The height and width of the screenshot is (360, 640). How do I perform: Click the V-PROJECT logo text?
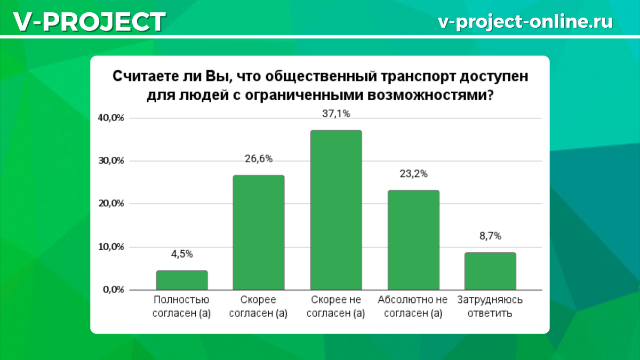tap(90, 22)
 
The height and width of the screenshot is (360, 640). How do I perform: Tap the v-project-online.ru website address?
tap(525, 22)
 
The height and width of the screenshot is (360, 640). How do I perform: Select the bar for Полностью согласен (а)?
tap(182, 280)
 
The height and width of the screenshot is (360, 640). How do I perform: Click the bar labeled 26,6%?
tap(259, 233)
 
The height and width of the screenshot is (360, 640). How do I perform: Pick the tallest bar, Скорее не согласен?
tap(336, 210)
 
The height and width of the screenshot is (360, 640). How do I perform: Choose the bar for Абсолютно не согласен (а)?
tap(413, 240)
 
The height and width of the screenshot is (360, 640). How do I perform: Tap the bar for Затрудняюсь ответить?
tap(490, 271)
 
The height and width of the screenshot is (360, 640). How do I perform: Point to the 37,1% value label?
tap(336, 114)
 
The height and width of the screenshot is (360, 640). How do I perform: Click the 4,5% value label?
tap(182, 254)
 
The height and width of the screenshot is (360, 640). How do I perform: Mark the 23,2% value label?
tap(413, 174)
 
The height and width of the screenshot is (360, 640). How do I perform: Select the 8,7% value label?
tap(490, 236)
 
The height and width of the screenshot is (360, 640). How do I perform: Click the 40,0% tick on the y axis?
tap(111, 118)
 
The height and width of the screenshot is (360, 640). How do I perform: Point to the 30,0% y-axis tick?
tap(111, 161)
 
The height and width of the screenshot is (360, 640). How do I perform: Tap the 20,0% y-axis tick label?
tap(111, 204)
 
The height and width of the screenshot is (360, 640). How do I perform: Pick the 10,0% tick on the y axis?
tap(111, 247)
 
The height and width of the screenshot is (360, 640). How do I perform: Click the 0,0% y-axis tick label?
tap(114, 290)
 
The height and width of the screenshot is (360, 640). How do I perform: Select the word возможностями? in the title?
tap(430, 95)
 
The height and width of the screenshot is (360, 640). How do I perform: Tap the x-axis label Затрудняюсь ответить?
tap(490, 306)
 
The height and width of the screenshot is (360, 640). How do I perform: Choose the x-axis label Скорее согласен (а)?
tap(258, 306)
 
